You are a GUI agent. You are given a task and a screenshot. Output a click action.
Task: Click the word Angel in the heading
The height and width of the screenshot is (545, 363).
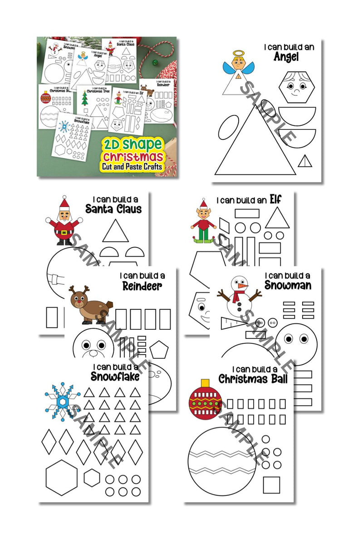293,57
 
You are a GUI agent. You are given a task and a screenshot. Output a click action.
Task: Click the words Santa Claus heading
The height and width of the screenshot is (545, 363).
113,209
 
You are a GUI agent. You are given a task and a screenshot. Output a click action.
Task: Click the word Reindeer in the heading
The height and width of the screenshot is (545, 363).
142,286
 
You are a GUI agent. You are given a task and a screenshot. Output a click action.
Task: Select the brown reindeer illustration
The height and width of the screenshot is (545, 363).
88,305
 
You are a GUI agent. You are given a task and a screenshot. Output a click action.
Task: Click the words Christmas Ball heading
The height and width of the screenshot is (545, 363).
253,379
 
